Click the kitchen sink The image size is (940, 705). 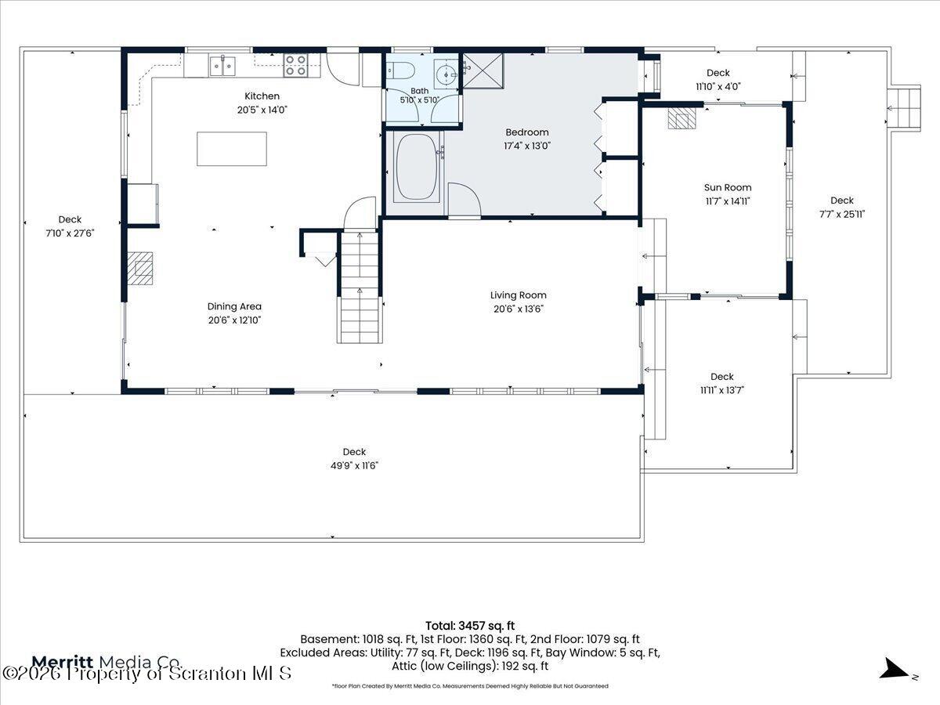pos(222,66)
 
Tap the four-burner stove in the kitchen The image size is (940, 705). pos(295,66)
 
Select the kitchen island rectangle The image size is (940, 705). pos(232,149)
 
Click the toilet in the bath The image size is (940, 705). pos(400,70)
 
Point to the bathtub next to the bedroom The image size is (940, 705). pos(417,167)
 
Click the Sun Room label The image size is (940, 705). pos(728,187)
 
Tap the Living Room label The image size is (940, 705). pos(519,295)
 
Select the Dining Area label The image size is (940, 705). pos(234,306)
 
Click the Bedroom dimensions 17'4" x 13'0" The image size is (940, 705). pos(527,146)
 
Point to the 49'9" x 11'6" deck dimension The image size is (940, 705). pos(355,465)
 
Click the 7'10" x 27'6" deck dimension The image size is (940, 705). pos(70,233)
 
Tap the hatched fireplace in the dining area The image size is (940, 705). pos(140,269)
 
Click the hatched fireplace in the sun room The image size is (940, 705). pos(681,118)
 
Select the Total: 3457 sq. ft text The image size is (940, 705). pos(470,626)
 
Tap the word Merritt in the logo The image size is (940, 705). pos(63,662)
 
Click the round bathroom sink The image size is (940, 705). pos(446,75)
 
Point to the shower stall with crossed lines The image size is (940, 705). pos(483,70)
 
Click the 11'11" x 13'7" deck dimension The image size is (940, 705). pos(722,390)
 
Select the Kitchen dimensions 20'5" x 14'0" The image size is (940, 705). pos(262,110)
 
